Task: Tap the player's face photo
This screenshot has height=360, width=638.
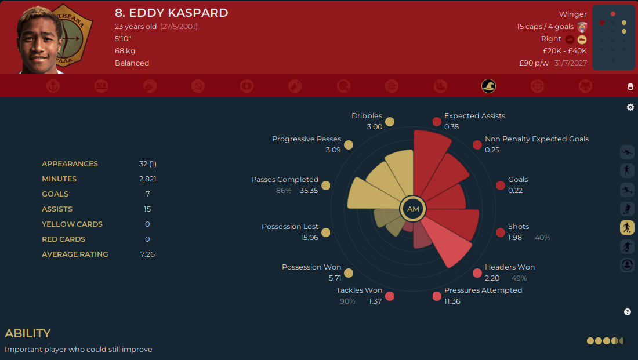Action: [39, 40]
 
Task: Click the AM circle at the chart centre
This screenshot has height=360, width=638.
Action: [413, 209]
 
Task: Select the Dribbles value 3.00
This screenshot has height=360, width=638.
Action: [374, 127]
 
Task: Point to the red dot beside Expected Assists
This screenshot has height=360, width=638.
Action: [437, 122]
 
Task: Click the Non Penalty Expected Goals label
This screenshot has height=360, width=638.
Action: [536, 139]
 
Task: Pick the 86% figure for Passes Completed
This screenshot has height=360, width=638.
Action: [284, 191]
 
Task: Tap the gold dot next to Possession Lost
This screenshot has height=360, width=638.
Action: [325, 232]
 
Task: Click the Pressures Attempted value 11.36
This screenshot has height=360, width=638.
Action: [452, 301]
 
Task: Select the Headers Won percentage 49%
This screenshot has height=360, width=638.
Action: [519, 278]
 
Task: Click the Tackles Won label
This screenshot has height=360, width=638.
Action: [359, 290]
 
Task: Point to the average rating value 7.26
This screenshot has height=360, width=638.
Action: [147, 254]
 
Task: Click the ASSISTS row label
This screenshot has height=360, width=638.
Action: [57, 209]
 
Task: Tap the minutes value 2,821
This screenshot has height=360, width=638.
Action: [147, 179]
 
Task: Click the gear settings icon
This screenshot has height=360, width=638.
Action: [630, 107]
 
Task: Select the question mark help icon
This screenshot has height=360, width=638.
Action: [628, 312]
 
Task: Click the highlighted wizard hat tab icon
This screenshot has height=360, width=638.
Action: [488, 86]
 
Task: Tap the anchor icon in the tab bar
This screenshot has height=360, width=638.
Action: [53, 86]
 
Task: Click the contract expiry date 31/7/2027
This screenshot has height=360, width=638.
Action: [571, 63]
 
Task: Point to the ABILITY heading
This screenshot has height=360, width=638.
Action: [28, 333]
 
